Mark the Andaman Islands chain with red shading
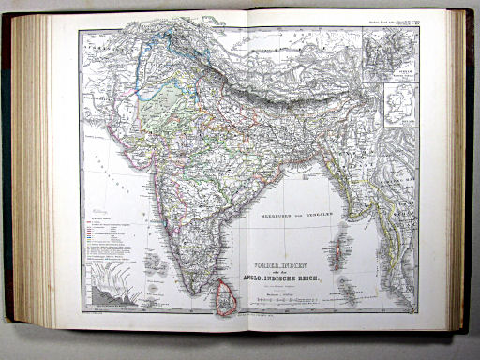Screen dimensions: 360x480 point(336,250)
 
